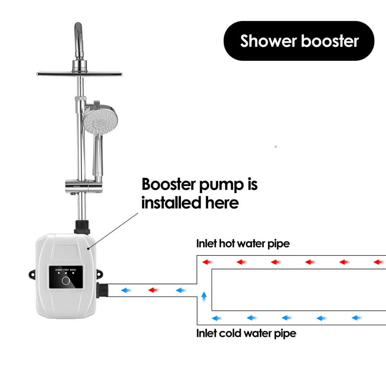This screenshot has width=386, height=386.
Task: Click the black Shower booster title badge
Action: click(x=299, y=41)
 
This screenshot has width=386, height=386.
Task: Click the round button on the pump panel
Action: click(x=64, y=280)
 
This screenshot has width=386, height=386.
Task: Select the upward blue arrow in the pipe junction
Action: click(x=204, y=296)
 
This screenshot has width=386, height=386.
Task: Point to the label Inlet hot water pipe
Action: click(x=243, y=244)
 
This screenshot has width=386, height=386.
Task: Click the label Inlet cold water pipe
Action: click(x=246, y=333)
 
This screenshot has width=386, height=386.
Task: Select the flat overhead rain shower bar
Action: click(x=79, y=74)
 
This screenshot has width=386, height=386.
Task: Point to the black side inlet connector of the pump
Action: click(x=104, y=291)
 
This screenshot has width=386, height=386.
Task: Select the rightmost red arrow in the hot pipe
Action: click(x=378, y=262)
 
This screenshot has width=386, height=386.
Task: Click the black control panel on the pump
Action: click(x=65, y=277)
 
